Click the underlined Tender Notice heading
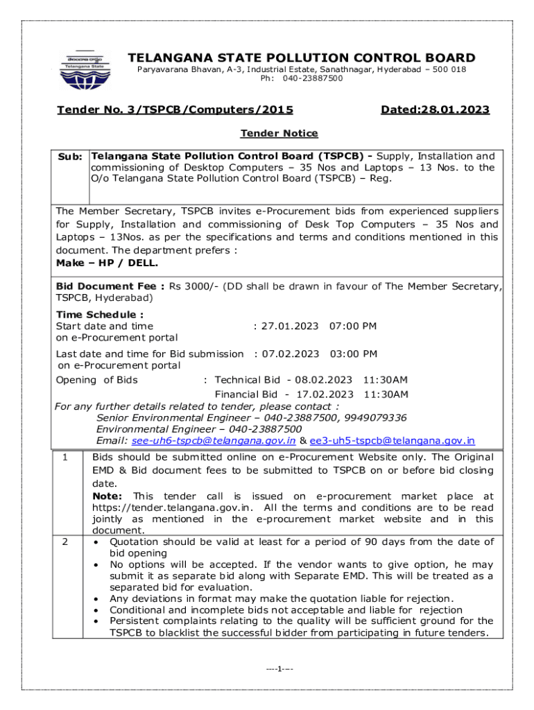coord(279,133)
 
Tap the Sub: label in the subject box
coord(71,157)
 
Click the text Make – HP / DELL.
coord(107,263)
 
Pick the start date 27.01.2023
coord(290,326)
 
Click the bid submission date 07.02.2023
coord(290,354)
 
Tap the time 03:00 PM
coord(353,354)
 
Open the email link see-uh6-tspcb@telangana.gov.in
coord(214,440)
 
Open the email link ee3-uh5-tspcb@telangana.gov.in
coord(392,440)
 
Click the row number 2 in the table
coord(64,542)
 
